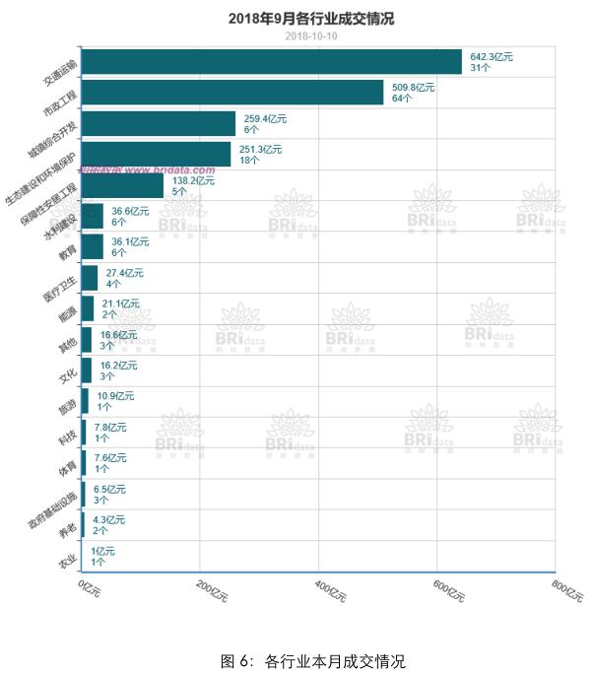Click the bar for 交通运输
coord(271,62)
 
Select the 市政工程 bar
coord(232,93)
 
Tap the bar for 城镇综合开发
coord(158,123)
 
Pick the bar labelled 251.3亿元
coord(156,155)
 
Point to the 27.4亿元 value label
coord(124,272)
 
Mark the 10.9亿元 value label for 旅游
coord(116,395)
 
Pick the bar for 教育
coord(92,246)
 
